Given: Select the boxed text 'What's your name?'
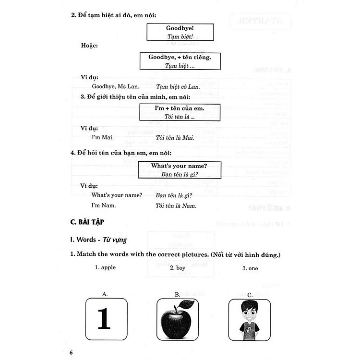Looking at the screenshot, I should point(179,166).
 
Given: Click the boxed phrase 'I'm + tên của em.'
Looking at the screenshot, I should point(180,108).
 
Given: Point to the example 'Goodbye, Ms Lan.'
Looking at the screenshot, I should point(115,86).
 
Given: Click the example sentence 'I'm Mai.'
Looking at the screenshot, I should point(103,138).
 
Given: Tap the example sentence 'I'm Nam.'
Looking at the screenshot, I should point(104,205).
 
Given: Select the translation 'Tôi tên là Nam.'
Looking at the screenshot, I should point(176,205).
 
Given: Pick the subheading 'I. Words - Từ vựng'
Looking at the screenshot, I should point(99,239).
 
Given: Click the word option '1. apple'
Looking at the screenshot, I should point(105,268).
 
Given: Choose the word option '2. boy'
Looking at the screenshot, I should point(177,268).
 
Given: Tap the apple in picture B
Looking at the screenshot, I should point(177,321).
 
